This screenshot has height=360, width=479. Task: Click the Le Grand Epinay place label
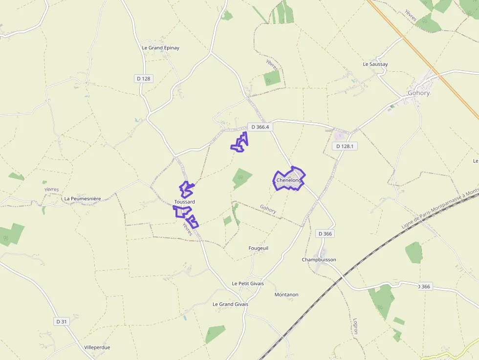point(160,48)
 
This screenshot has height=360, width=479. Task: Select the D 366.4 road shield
point(260,127)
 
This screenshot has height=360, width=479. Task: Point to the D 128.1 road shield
point(345,146)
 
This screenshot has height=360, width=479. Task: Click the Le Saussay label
point(375,64)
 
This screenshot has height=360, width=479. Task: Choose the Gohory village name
point(418,93)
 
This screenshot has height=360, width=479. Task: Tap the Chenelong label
point(288,180)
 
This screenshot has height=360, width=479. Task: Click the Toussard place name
point(184,202)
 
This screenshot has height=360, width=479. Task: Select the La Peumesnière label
point(83,199)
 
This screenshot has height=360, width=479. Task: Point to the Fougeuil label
point(258,248)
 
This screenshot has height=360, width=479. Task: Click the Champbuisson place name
point(319,260)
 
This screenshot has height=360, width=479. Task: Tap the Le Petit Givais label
point(247,283)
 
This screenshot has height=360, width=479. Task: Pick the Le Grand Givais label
point(230,304)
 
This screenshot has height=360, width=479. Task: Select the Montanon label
point(286,295)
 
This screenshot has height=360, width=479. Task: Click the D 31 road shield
point(61,321)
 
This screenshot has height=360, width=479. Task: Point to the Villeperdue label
point(97,347)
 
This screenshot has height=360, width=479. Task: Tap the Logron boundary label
point(355,326)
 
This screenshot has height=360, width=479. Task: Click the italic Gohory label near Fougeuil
point(268,209)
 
